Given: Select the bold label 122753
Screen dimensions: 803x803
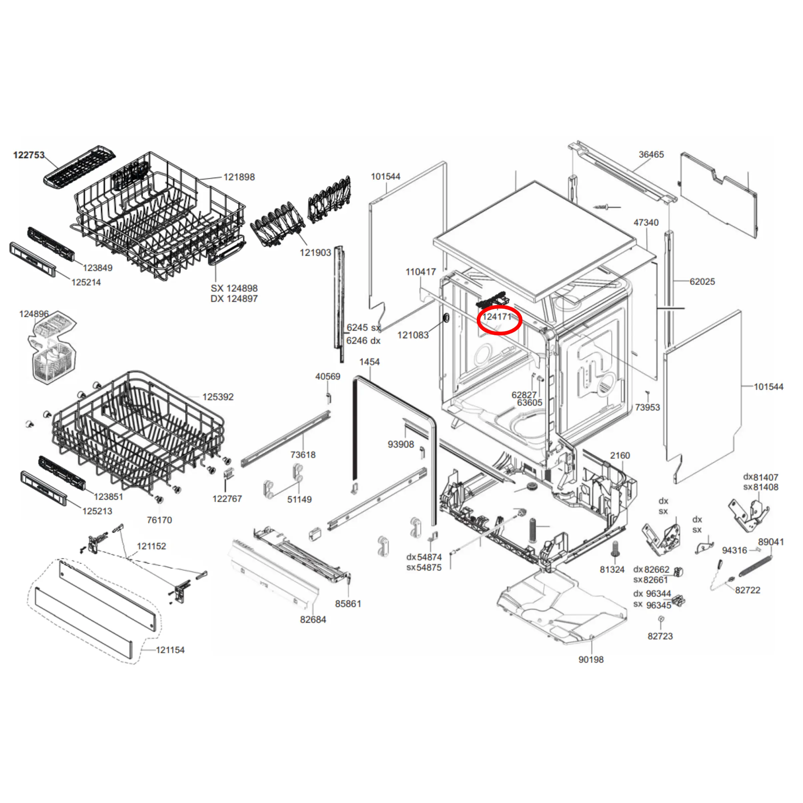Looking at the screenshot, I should (29, 155).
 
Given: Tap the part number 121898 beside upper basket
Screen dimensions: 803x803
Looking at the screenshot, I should (239, 177).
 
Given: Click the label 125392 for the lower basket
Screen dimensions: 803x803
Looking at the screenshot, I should (218, 397).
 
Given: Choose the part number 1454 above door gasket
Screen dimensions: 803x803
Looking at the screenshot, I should (369, 362).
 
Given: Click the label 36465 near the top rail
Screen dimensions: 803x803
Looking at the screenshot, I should (651, 155).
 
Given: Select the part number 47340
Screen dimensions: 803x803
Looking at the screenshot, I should (646, 223).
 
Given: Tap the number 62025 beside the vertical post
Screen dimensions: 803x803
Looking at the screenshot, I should (702, 282).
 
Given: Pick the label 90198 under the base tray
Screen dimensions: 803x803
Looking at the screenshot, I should (591, 660).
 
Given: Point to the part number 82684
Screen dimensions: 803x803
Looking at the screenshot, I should (313, 620).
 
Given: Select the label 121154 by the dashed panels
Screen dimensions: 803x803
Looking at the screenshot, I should (170, 650).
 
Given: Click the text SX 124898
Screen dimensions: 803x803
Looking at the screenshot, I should (234, 288).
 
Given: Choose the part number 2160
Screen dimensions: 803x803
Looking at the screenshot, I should (620, 456).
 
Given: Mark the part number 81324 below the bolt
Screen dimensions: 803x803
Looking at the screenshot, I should (612, 570).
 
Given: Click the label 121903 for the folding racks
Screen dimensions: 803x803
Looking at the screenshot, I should (315, 253).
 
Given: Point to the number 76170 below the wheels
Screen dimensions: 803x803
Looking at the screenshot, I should (159, 520).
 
